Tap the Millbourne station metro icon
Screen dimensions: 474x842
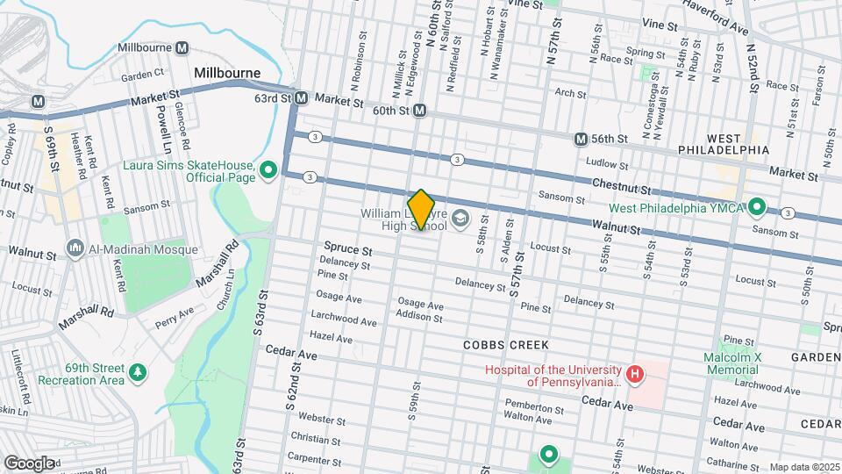coord(182,47)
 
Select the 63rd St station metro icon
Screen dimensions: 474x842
coord(301,98)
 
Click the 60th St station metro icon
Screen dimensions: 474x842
coord(420,111)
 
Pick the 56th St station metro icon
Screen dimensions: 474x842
coord(581,139)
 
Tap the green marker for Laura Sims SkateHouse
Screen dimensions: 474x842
coord(270,169)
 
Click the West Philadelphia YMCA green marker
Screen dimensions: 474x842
coord(758,207)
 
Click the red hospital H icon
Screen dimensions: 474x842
coord(635,376)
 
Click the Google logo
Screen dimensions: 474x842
coord(29,463)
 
